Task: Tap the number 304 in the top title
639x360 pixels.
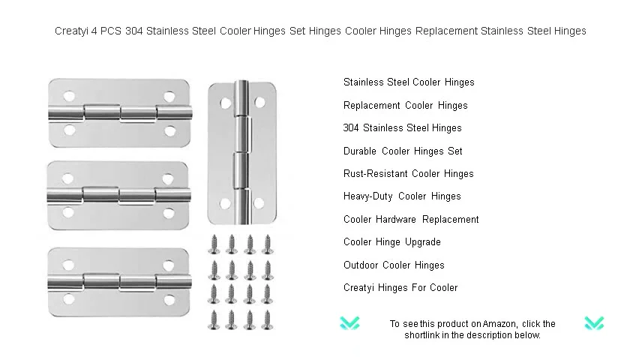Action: tap(133, 31)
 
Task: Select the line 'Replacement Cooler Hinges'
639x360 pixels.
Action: tap(406, 106)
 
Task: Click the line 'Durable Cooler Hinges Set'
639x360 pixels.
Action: tap(403, 151)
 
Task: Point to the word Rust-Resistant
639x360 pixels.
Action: tap(374, 174)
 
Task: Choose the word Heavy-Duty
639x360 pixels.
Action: tap(368, 196)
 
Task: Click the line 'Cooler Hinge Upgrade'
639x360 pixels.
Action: tap(392, 242)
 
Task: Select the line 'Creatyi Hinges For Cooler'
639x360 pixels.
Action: tap(400, 288)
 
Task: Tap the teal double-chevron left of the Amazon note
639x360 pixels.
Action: tap(349, 323)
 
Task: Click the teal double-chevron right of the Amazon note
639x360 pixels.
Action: tap(594, 323)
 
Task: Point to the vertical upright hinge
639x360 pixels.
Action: tap(242, 152)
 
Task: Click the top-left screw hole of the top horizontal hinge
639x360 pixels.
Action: tap(69, 97)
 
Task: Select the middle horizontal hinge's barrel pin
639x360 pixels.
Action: tap(118, 195)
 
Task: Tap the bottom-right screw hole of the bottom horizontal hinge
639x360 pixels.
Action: tap(169, 301)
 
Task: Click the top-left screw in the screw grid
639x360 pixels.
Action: tap(214, 244)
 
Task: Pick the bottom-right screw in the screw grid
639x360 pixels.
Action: tap(268, 320)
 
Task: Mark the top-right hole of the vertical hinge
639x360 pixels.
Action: tap(260, 102)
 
